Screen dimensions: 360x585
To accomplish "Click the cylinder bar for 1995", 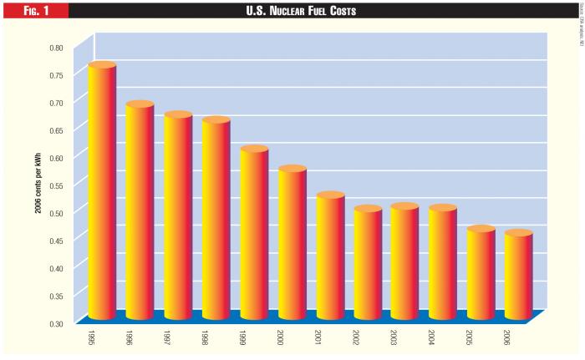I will pos(102,192).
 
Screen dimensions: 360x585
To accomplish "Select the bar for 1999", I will pos(254,234).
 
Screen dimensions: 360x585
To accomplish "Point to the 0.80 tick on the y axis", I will pos(55,48).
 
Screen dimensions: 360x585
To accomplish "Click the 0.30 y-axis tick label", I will pos(55,323).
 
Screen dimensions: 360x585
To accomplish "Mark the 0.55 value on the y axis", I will pos(55,185).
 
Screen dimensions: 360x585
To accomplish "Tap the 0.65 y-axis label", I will pos(55,130).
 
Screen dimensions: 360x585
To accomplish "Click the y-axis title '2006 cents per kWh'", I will pos(38,183).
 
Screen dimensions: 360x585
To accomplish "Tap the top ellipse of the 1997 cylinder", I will pos(178,115).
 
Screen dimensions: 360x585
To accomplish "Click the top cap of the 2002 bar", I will pos(368,209).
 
